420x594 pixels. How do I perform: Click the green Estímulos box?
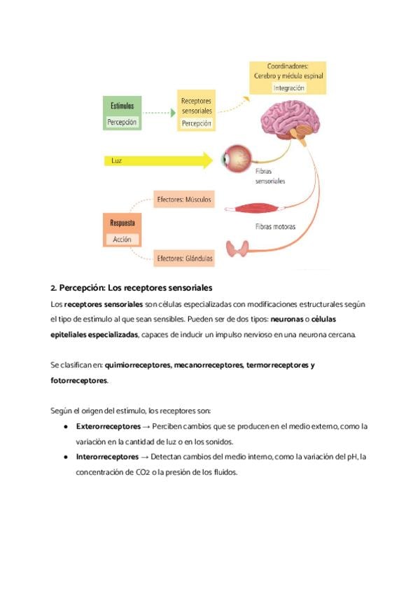tap(122, 113)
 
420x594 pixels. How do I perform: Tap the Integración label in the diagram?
tap(288, 88)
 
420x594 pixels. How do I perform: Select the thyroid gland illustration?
tap(239, 249)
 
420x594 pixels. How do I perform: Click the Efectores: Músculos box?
tap(184, 200)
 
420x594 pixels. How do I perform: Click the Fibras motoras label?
tap(275, 227)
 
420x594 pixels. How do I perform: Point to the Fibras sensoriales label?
tap(270, 175)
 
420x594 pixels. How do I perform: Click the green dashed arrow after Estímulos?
tap(160, 112)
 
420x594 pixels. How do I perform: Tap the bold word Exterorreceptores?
tap(108, 426)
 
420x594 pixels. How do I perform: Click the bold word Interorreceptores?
tap(107, 457)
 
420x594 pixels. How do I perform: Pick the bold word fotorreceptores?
tap(79, 380)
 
